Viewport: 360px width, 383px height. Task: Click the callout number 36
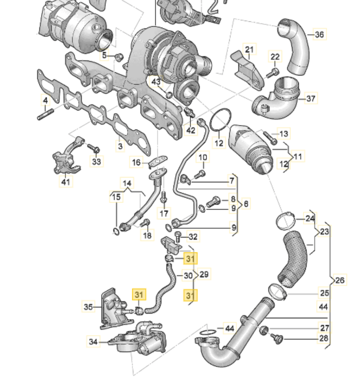coord(319,34)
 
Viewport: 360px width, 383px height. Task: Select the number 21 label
coord(249,49)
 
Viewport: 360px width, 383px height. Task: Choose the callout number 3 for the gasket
coord(119,146)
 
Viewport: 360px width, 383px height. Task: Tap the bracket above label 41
coord(66,158)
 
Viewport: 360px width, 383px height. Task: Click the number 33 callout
coord(96,161)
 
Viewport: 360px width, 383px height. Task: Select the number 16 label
coord(136,162)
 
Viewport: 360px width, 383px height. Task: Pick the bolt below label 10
coord(198,174)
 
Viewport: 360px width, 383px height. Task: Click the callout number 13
coord(283,133)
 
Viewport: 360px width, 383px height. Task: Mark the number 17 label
coord(164,213)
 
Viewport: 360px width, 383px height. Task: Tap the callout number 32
coord(193,237)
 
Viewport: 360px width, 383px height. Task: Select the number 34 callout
coord(93,342)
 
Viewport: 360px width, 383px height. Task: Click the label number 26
coord(340,280)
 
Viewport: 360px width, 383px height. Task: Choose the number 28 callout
coord(325,338)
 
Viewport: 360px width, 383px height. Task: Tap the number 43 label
coord(156,81)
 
